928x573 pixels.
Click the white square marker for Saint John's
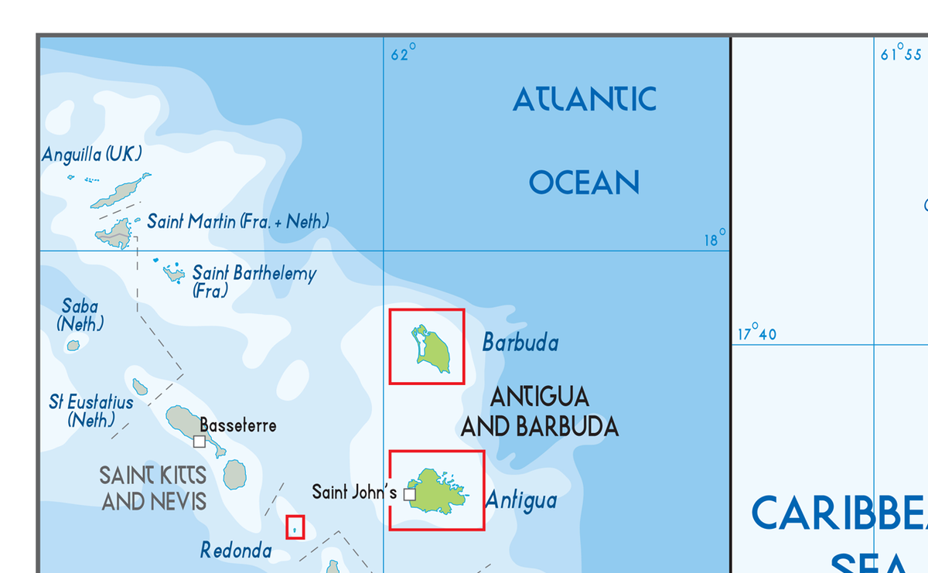point(410,494)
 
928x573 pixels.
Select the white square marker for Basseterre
point(200,441)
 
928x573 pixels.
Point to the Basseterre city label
point(237,425)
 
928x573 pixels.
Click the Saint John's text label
point(354,492)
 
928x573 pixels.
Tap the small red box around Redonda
point(295,527)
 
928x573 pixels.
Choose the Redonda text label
point(236,550)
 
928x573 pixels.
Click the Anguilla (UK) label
point(92,155)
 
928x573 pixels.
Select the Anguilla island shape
point(121,192)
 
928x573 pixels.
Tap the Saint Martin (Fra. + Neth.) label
point(237,222)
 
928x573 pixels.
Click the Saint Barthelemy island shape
point(175,273)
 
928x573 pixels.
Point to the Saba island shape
point(73,346)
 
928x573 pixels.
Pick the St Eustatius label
point(90,403)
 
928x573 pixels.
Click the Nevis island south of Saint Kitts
point(234,474)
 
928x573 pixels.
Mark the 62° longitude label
point(403,54)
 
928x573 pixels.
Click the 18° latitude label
point(715,239)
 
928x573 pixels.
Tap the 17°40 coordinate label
point(756,334)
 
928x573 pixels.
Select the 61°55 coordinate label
point(901,54)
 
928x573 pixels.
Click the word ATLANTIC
point(585,99)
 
